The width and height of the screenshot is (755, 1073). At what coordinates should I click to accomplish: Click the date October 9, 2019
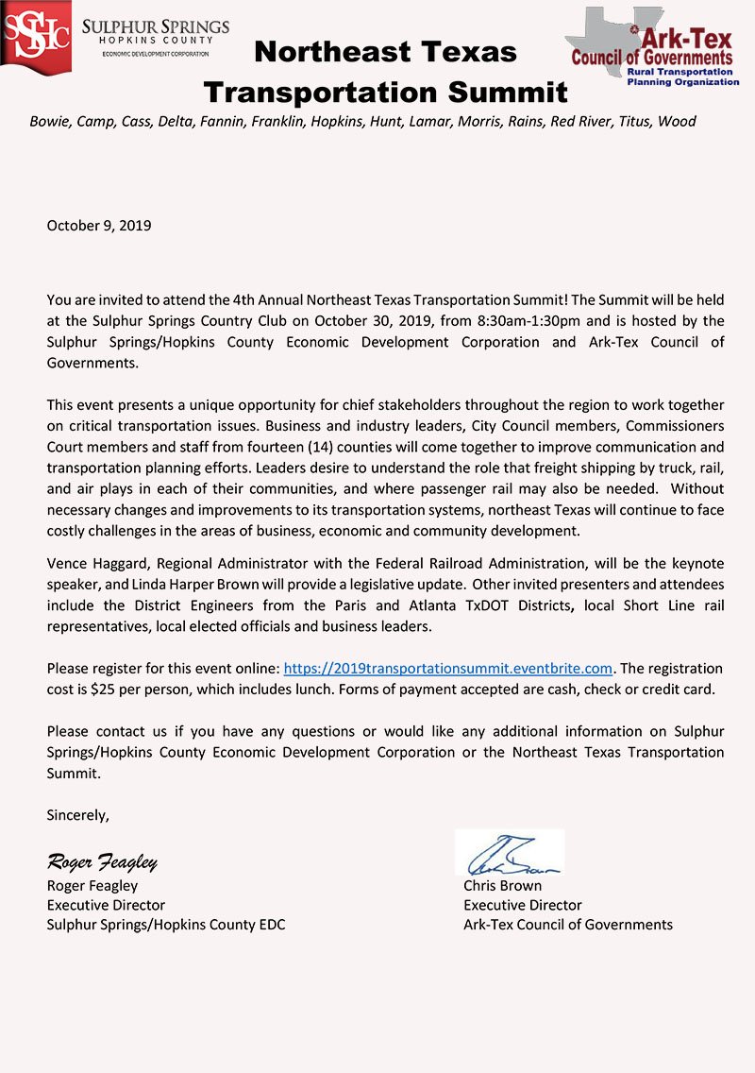(x=99, y=226)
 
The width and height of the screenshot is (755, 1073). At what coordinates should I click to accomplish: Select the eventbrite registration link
(x=448, y=668)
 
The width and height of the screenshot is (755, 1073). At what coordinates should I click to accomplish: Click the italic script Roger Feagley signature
(x=102, y=862)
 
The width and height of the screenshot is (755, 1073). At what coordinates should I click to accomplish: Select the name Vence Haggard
(x=95, y=564)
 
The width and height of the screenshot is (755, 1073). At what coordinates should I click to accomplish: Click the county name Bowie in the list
(x=48, y=121)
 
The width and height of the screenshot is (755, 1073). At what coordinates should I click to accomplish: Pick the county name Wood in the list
(x=677, y=121)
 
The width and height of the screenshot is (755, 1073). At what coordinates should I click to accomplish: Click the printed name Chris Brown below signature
(x=502, y=886)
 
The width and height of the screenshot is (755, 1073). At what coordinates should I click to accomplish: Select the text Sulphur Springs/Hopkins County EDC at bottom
(x=166, y=925)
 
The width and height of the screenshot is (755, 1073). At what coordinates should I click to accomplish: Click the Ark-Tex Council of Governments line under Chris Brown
(x=568, y=925)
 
